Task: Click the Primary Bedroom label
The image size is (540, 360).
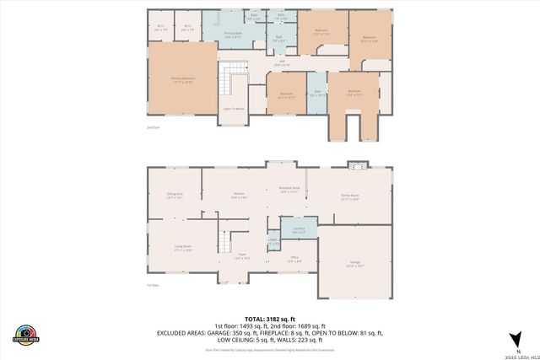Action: (183, 80)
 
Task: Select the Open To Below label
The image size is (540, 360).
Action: (234, 108)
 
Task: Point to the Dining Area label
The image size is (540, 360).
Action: (175, 196)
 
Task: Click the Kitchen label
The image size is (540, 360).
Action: (240, 196)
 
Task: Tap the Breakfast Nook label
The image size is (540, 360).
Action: (290, 190)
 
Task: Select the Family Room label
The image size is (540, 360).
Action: (349, 196)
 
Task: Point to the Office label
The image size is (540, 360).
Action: (294, 259)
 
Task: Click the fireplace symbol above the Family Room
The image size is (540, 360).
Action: (354, 164)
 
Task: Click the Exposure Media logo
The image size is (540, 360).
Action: (27, 335)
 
